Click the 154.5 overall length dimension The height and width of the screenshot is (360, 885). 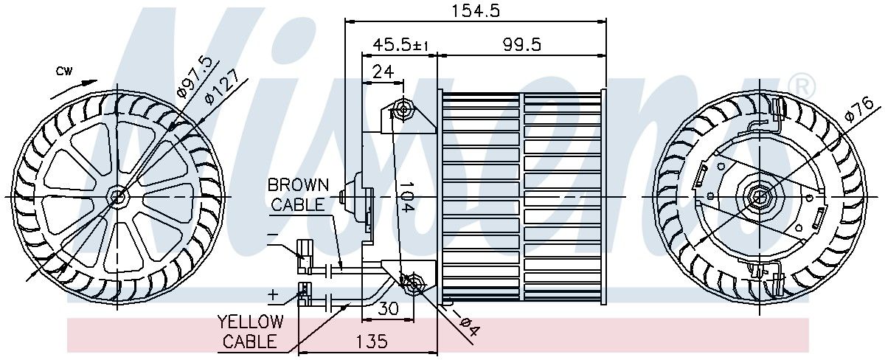475,10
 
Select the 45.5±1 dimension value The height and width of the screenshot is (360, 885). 400,44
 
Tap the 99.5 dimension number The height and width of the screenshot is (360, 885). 521,44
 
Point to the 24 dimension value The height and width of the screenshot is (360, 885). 383,72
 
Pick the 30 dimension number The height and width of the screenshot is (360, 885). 388,308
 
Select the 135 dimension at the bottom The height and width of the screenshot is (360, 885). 372,341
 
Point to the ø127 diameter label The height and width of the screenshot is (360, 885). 222,87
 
